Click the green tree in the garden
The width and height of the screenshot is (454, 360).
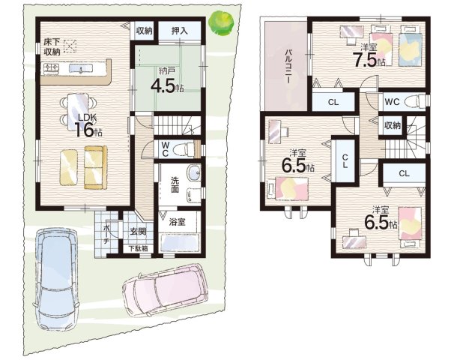point(222,23)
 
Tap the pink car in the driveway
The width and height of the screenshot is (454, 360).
point(166,290)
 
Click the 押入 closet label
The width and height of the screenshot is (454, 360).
point(180,31)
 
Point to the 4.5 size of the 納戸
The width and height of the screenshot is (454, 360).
point(163,85)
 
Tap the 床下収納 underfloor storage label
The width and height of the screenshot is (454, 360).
point(52,46)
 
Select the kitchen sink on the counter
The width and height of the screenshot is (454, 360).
point(81,69)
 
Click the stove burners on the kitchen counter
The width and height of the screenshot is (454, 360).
point(51,68)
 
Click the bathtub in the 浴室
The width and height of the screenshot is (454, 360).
point(180,242)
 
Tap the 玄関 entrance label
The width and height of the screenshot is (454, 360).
point(138,232)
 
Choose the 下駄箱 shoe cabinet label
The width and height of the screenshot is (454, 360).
point(139,248)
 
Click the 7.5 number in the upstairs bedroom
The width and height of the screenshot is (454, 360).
point(365,59)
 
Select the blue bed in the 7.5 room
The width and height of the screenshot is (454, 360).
point(409,46)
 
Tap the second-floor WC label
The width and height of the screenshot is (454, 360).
point(392,102)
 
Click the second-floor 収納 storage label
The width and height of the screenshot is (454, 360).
point(393,125)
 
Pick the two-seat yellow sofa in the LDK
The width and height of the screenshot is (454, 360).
point(96,167)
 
